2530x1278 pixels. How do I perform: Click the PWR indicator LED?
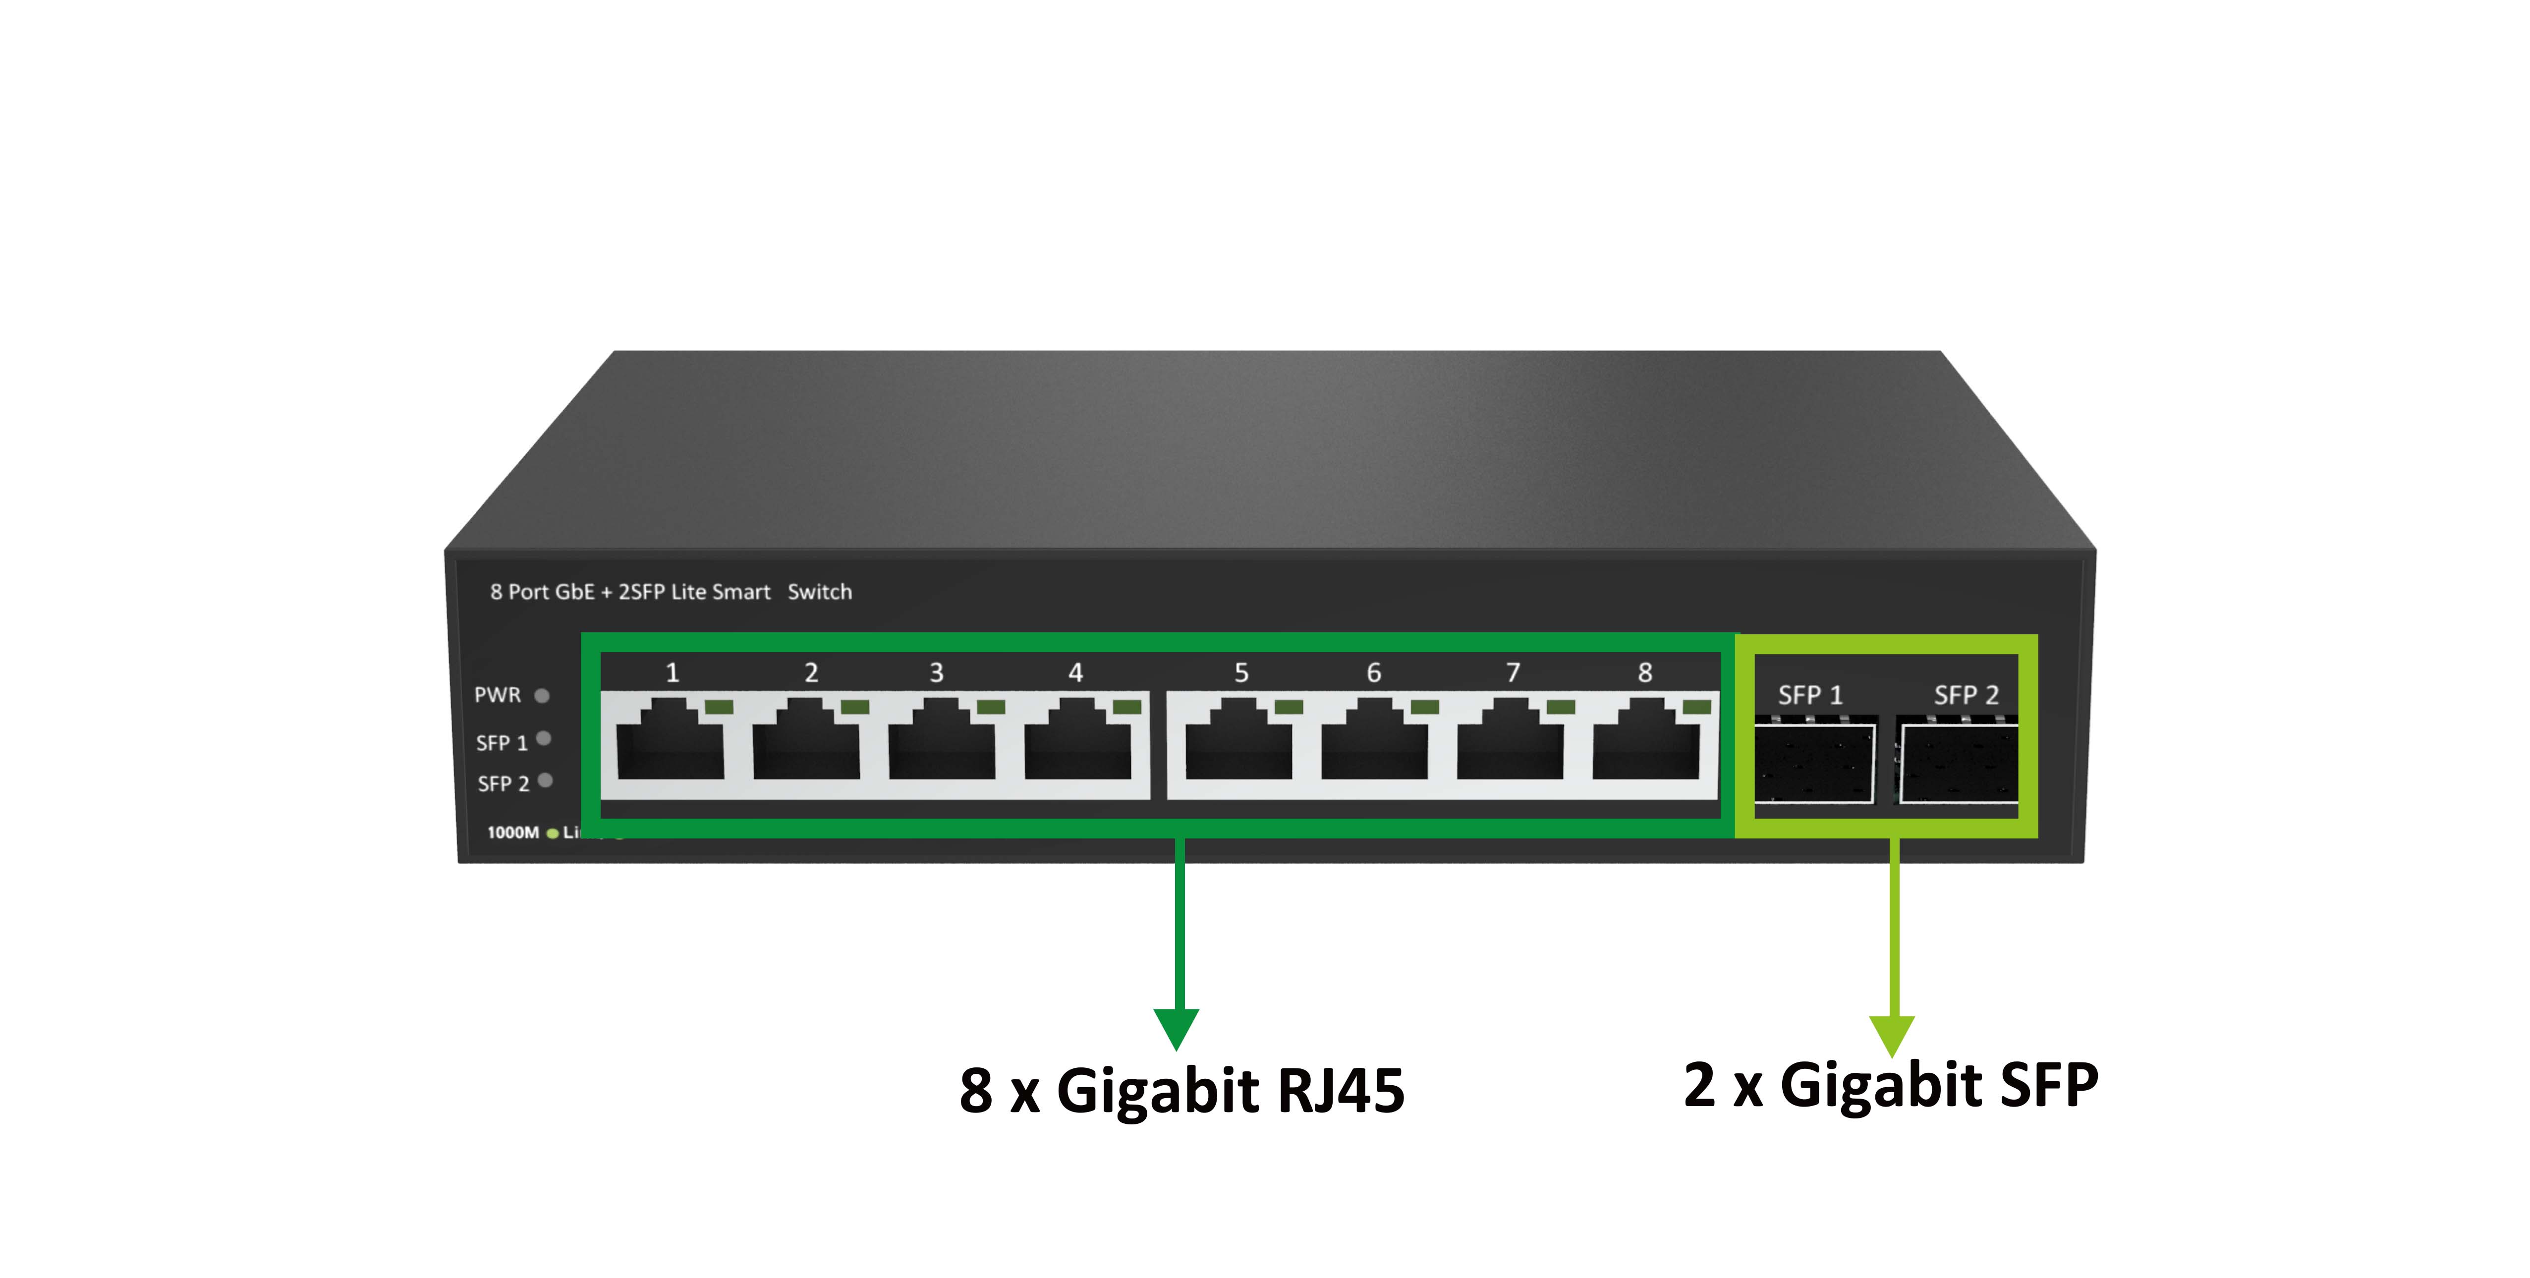click(x=541, y=695)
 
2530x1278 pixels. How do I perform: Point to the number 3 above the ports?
click(x=936, y=673)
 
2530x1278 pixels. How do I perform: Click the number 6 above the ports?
click(x=1373, y=673)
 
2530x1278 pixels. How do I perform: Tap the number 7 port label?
click(x=1513, y=673)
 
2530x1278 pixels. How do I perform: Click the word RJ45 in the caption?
click(x=1341, y=1091)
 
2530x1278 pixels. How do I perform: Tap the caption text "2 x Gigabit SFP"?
click(x=1891, y=1085)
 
